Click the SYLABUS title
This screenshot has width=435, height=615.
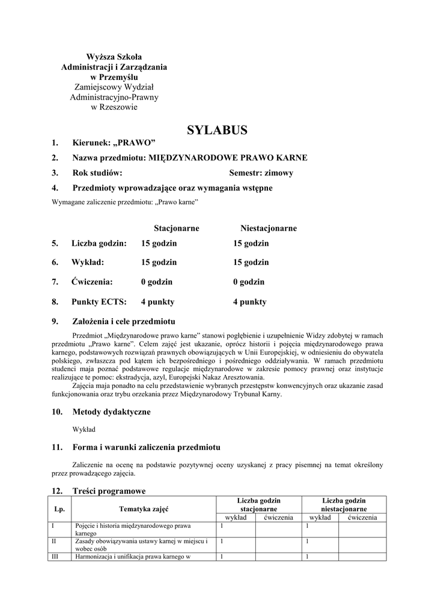[x=217, y=130]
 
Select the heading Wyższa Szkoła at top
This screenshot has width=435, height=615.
[x=114, y=57]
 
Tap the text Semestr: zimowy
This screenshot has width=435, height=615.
[x=261, y=173]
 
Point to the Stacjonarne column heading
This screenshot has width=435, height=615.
[x=176, y=228]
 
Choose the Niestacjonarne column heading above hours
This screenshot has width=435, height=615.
[x=268, y=228]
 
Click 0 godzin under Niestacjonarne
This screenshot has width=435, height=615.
[x=249, y=282]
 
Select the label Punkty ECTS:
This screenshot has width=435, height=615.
[x=99, y=302]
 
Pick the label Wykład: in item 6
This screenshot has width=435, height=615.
[x=88, y=262]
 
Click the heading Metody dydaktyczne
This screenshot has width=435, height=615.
[x=111, y=412]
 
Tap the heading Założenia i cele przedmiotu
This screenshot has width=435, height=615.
[x=123, y=321]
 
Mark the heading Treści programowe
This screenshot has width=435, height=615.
[x=109, y=491]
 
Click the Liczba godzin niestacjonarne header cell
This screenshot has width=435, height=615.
[x=344, y=504]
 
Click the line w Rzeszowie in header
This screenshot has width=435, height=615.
[x=114, y=108]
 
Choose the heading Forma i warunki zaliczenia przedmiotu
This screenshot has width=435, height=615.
[x=146, y=447]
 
